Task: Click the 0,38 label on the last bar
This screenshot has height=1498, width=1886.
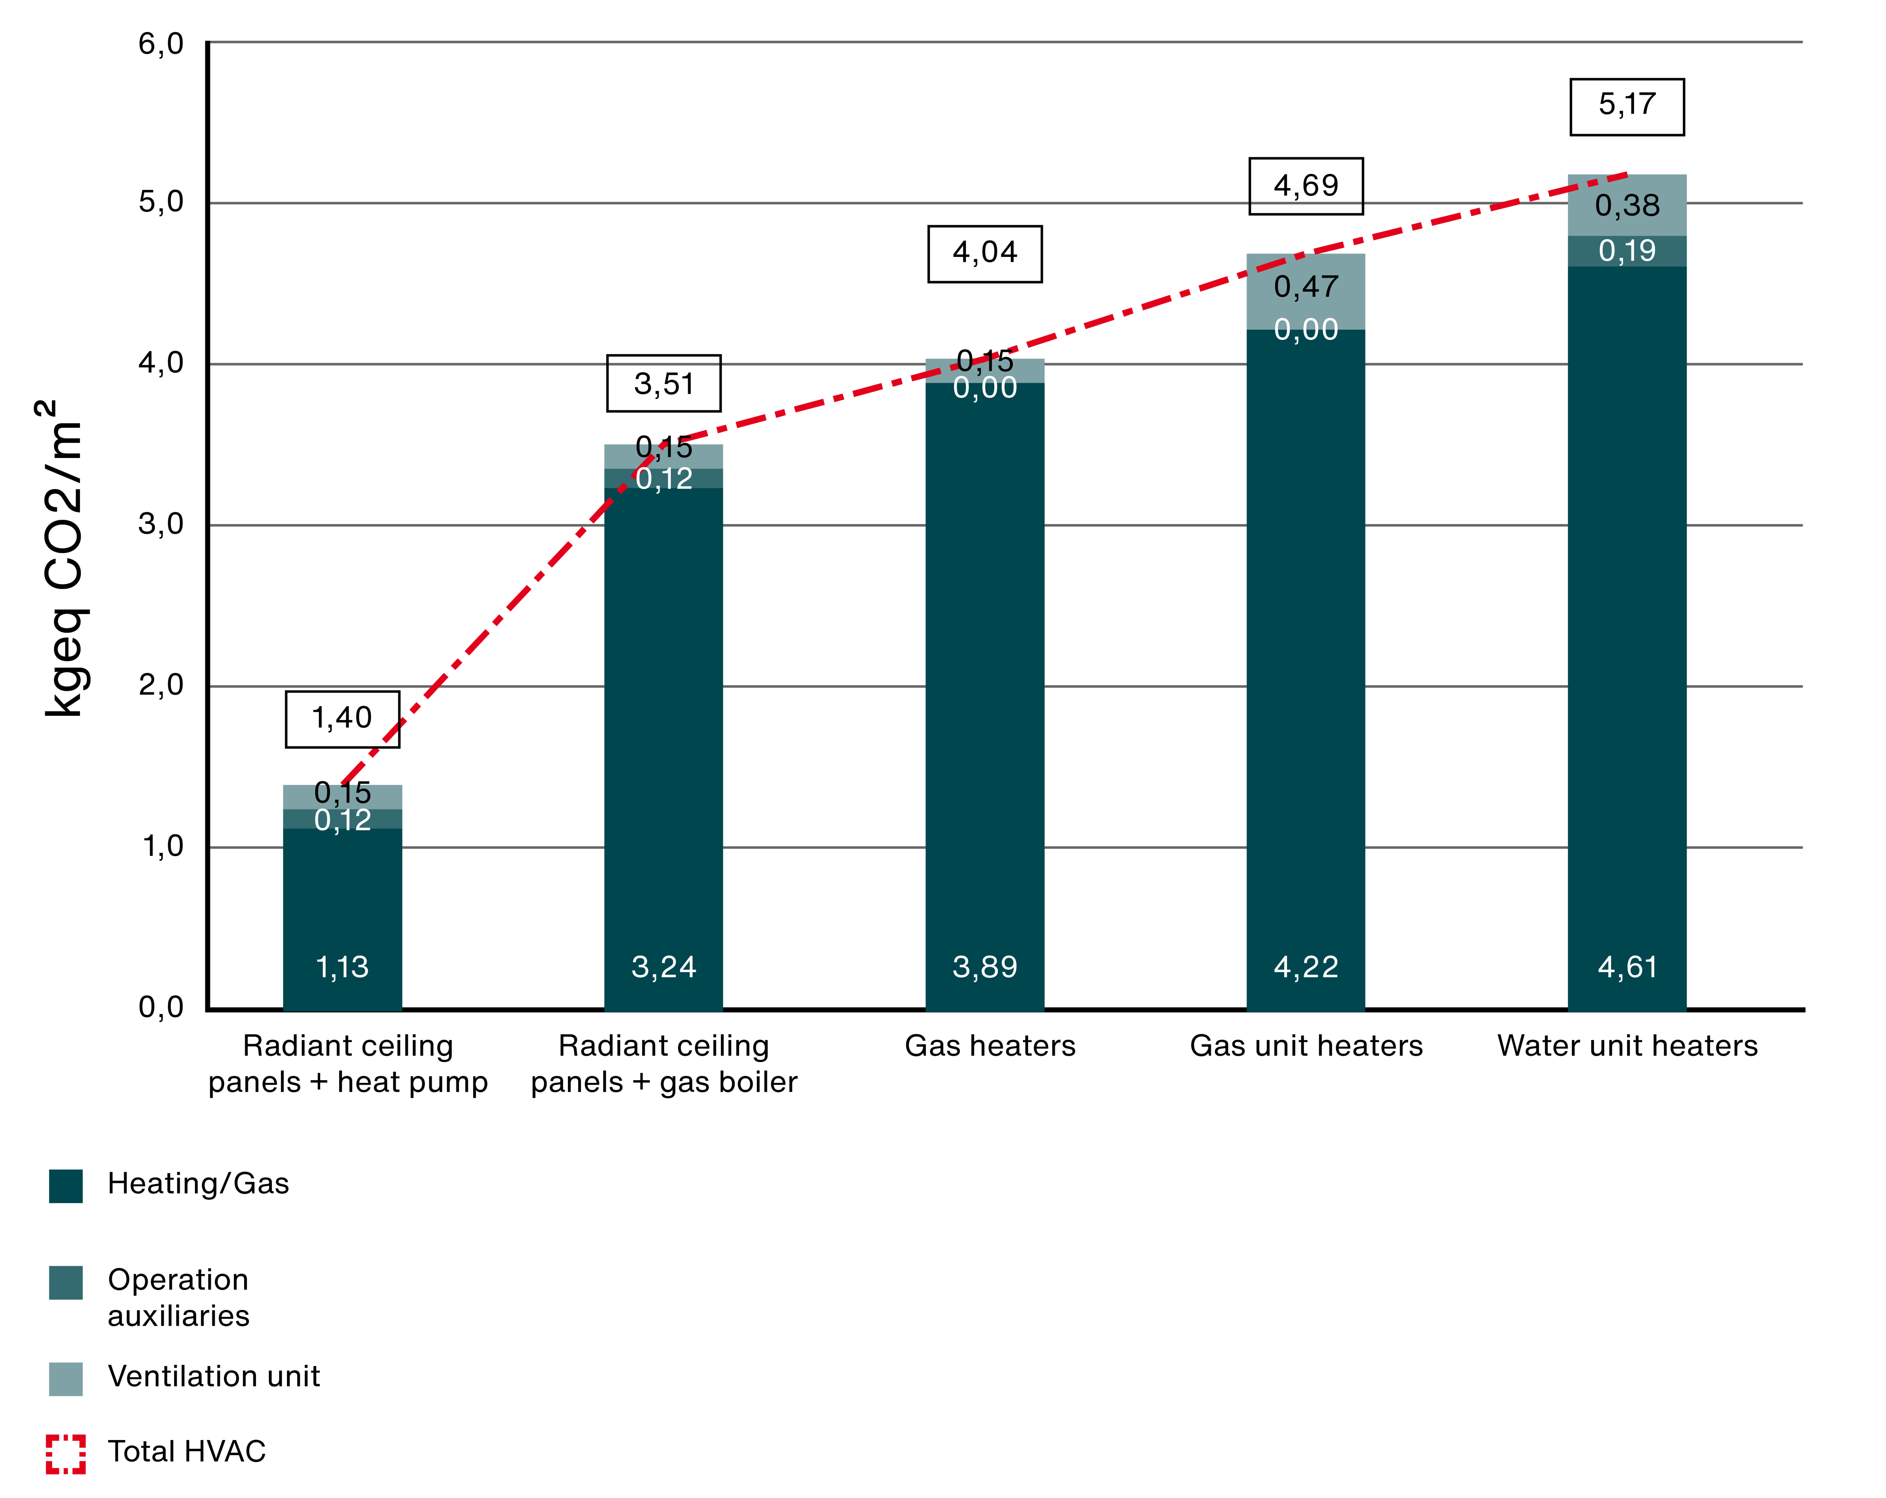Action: pos(1627,205)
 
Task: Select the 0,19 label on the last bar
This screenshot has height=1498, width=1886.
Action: pos(1627,251)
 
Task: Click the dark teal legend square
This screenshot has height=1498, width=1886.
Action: pos(65,1187)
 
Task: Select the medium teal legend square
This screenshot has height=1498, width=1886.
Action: pos(65,1283)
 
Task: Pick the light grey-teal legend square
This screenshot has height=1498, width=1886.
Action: pos(65,1379)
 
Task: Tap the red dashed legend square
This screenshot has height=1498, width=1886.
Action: pos(65,1454)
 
